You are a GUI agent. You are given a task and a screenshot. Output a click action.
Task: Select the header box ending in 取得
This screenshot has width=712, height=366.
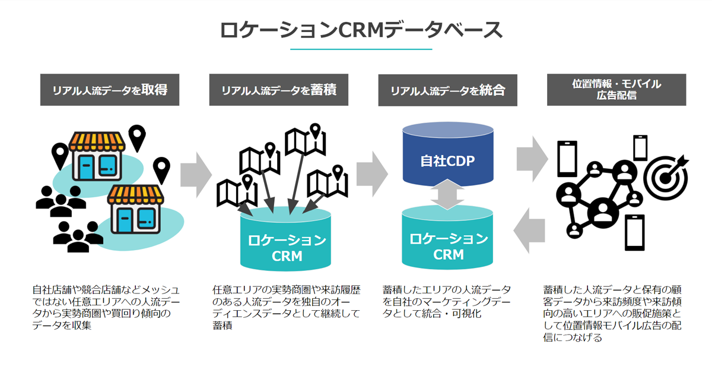click(x=110, y=90)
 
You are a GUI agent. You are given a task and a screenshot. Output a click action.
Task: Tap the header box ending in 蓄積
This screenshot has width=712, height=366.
click(x=279, y=90)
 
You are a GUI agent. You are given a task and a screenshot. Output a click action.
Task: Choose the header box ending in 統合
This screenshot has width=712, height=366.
click(x=447, y=90)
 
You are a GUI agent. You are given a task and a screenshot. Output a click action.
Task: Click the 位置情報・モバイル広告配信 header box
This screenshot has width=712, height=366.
click(x=616, y=90)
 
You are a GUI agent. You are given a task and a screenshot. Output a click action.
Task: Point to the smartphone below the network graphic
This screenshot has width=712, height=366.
click(x=635, y=232)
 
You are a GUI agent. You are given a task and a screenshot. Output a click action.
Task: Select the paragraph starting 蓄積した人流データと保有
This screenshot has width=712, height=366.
click(x=611, y=313)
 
